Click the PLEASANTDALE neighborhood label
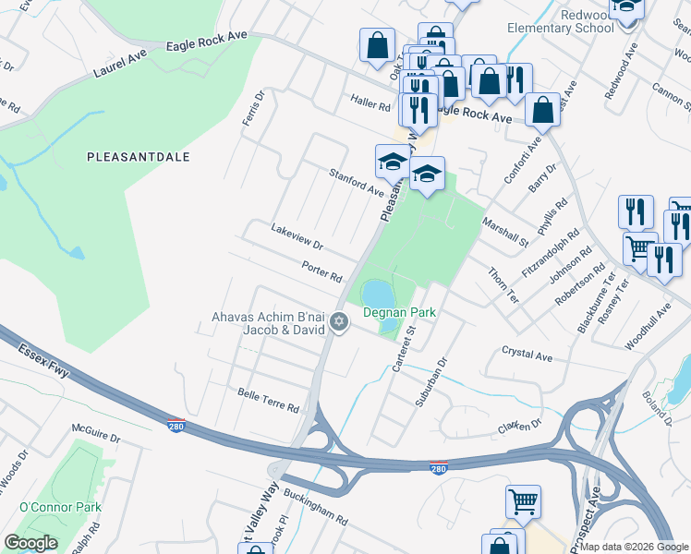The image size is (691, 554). click(138, 157)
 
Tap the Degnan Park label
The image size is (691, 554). click(398, 313)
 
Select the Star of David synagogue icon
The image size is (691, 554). click(339, 321)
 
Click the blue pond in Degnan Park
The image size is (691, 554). click(377, 295)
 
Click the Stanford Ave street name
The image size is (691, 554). click(357, 182)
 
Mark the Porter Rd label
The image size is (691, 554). click(321, 271)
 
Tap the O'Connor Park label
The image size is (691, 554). click(60, 507)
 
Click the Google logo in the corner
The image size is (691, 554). click(30, 542)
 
